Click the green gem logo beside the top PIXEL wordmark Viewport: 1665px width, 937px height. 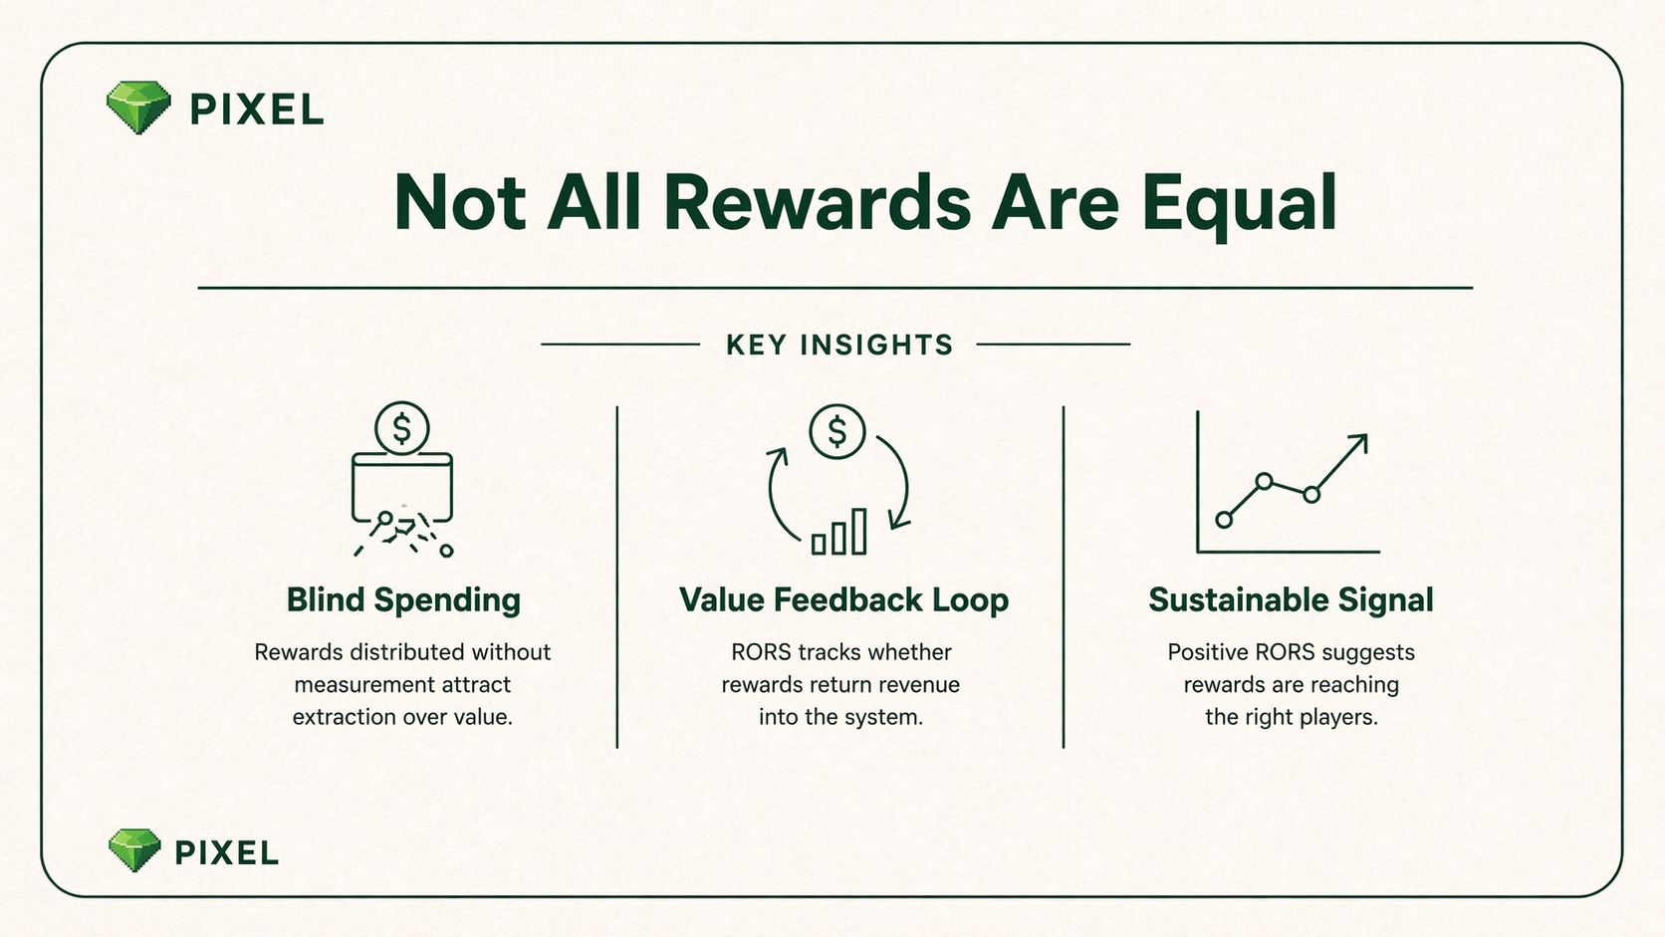tap(139, 108)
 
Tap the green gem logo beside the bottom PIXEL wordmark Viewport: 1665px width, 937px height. tap(134, 850)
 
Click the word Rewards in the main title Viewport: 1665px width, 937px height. tap(817, 203)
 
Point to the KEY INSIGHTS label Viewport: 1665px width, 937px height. tap(839, 345)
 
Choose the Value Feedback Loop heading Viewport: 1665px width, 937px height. tap(843, 600)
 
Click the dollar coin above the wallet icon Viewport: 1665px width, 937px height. tap(402, 429)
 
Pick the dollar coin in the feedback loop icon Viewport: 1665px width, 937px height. tap(836, 432)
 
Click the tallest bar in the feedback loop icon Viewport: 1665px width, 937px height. tap(859, 532)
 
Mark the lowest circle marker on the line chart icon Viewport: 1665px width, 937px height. tap(1224, 520)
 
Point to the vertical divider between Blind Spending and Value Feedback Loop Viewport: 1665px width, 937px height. tap(617, 577)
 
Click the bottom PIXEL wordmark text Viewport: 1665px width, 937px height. tap(227, 853)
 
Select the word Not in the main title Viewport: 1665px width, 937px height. tap(460, 203)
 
